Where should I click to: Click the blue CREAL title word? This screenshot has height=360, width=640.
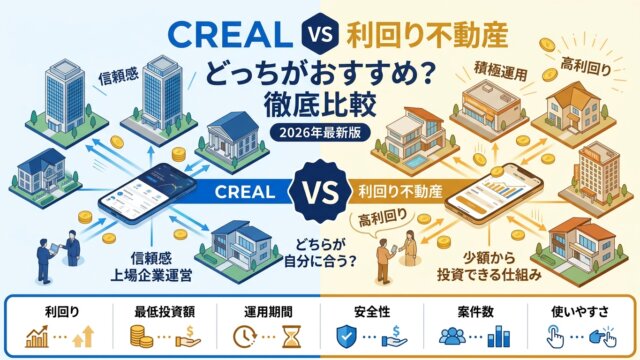(230, 34)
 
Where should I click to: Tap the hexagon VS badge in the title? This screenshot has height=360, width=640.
(320, 34)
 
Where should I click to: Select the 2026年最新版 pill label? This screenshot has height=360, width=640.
(320, 133)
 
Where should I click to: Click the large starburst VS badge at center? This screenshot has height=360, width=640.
(320, 192)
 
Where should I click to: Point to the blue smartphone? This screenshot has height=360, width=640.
(148, 193)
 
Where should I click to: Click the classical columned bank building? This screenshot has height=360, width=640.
(232, 140)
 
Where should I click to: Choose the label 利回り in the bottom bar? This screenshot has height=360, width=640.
(62, 312)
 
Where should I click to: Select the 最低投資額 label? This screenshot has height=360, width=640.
(165, 312)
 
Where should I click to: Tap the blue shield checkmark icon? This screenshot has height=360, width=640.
(346, 336)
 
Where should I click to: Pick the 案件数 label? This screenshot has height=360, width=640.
(476, 312)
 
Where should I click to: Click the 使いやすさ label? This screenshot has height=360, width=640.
(580, 312)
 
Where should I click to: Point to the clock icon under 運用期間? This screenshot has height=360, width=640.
(244, 337)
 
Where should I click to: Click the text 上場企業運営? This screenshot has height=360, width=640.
(151, 276)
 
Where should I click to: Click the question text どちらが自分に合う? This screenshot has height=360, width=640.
(320, 253)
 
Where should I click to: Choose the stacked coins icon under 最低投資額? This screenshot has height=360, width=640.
(142, 337)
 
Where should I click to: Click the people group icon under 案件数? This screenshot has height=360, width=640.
(452, 337)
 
